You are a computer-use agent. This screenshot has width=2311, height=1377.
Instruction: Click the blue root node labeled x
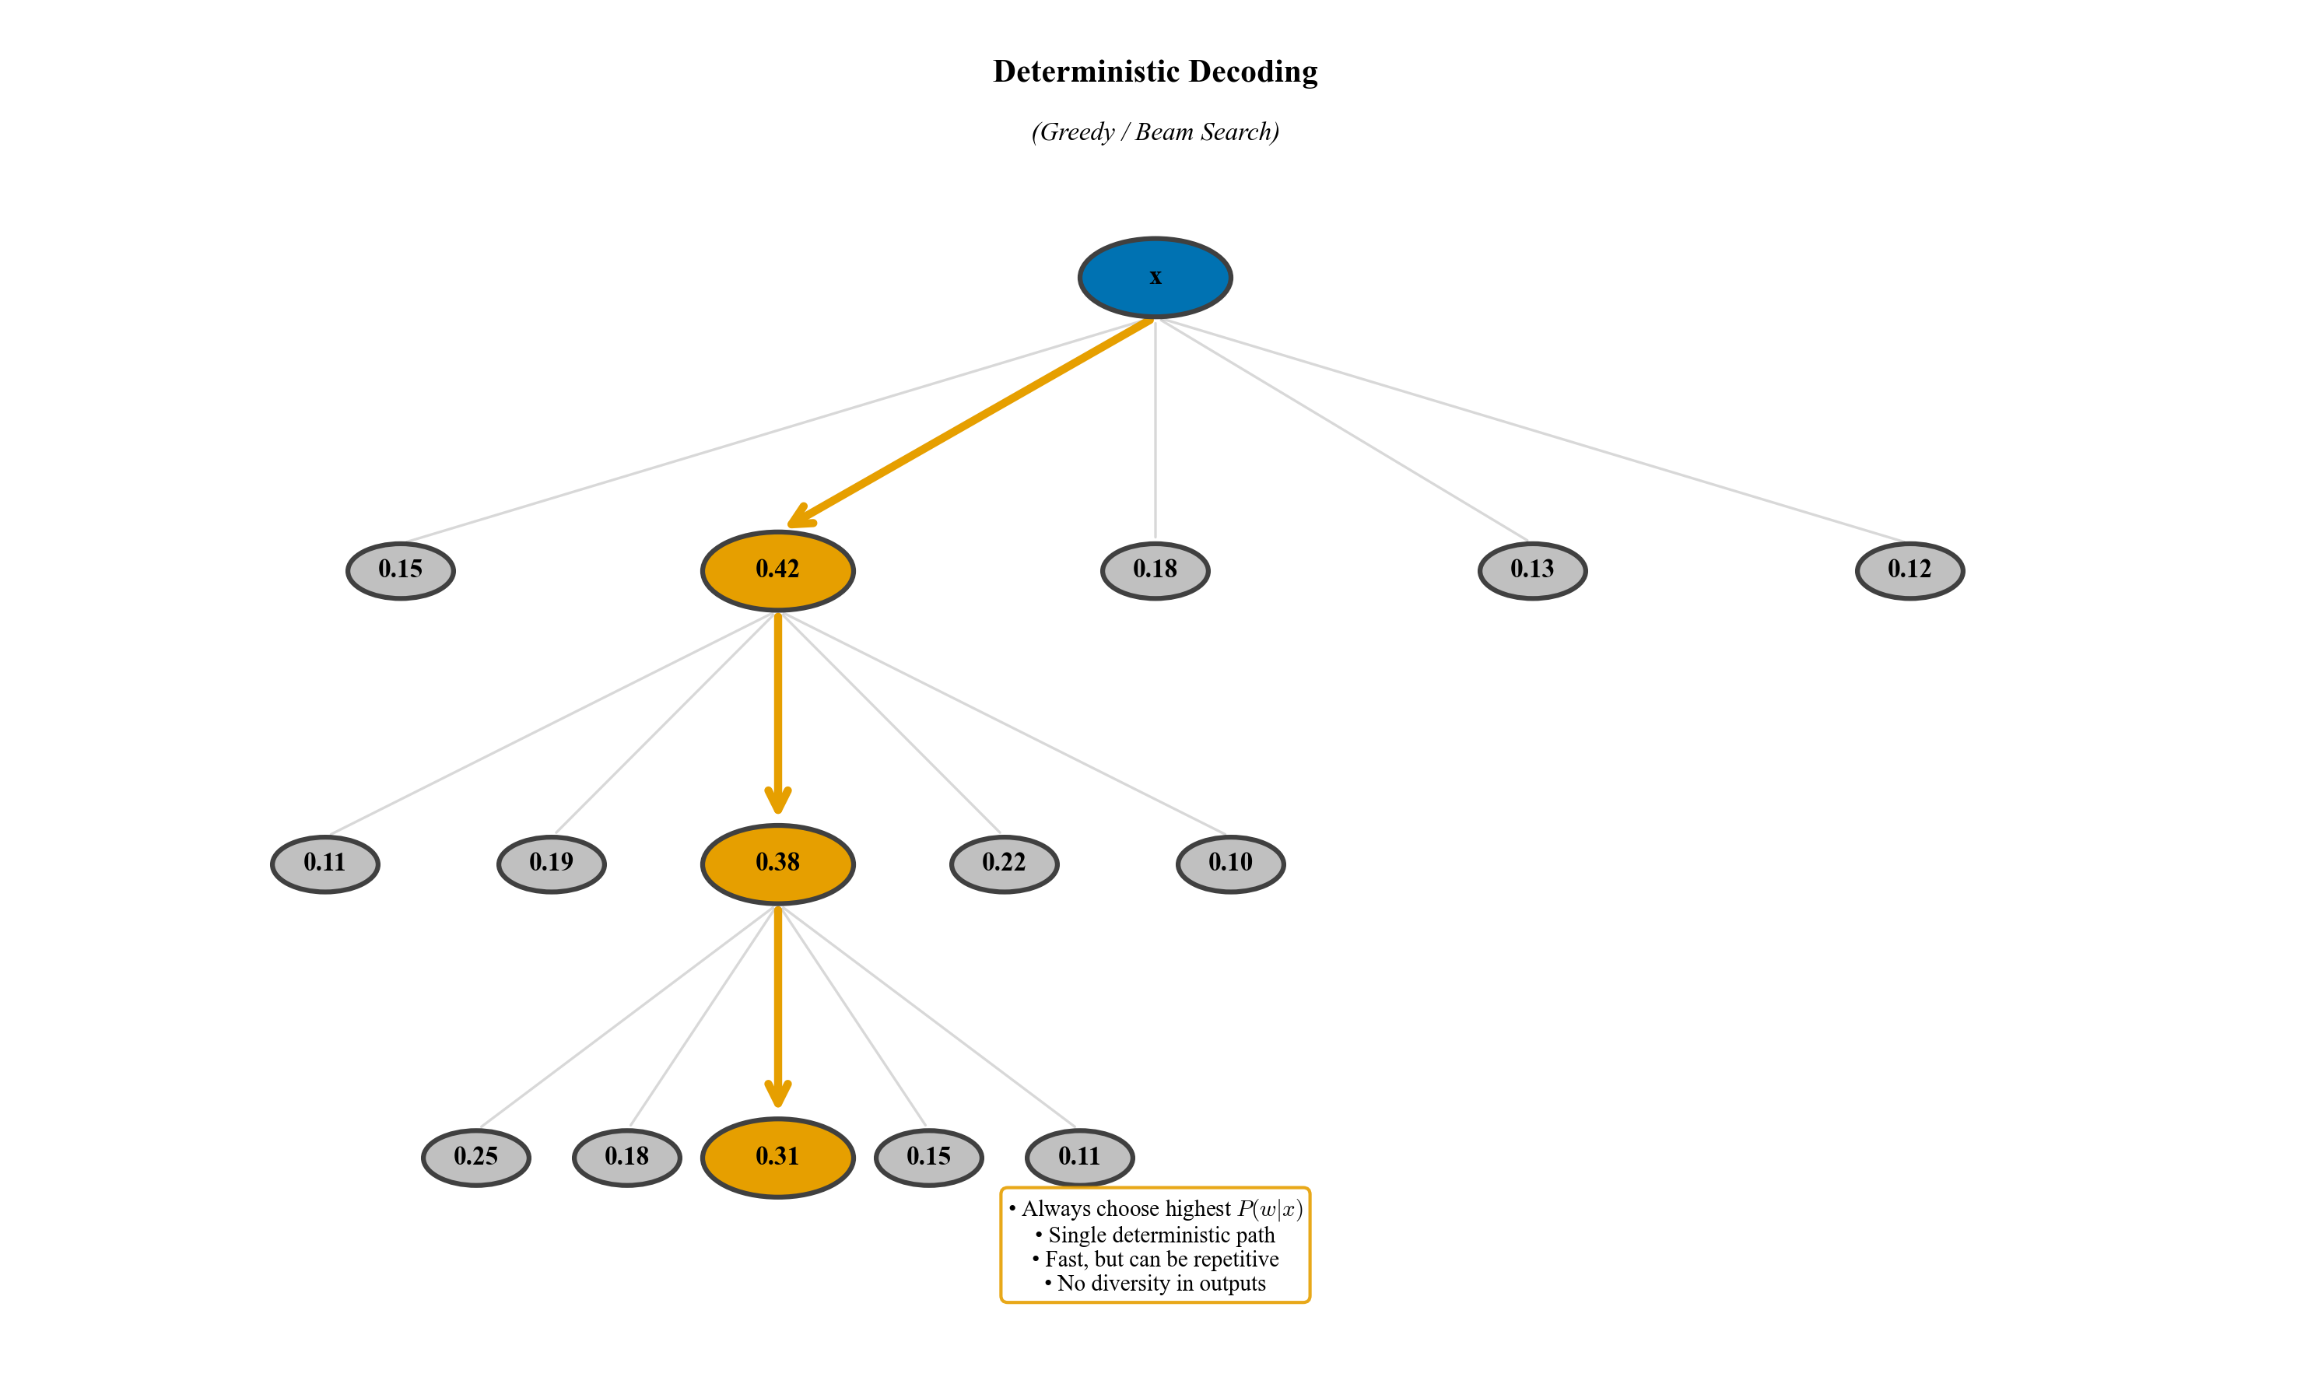1155,278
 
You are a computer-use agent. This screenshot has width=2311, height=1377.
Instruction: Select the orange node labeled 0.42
778,569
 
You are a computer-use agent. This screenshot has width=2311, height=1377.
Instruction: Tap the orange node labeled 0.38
778,863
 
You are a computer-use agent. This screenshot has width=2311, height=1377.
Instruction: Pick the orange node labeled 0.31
778,1157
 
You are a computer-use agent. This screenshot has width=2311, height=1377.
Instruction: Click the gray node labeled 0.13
1532,569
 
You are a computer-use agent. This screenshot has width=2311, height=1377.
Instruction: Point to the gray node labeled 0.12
1909,569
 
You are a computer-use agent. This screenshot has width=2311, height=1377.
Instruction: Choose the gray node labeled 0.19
552,863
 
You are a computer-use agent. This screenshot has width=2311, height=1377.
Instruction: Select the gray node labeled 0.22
1005,863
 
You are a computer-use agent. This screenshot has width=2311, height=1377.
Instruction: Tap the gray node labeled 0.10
1231,863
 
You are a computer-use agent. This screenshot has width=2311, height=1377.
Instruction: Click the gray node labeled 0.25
476,1157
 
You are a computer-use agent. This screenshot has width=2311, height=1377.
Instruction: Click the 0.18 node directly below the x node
1155,569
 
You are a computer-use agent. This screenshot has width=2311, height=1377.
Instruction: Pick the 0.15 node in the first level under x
400,569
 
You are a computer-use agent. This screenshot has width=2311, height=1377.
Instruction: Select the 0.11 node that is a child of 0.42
324,863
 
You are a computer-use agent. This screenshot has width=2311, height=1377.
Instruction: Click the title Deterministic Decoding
1155,72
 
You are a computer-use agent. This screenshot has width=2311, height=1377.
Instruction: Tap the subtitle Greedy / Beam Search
1155,131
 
